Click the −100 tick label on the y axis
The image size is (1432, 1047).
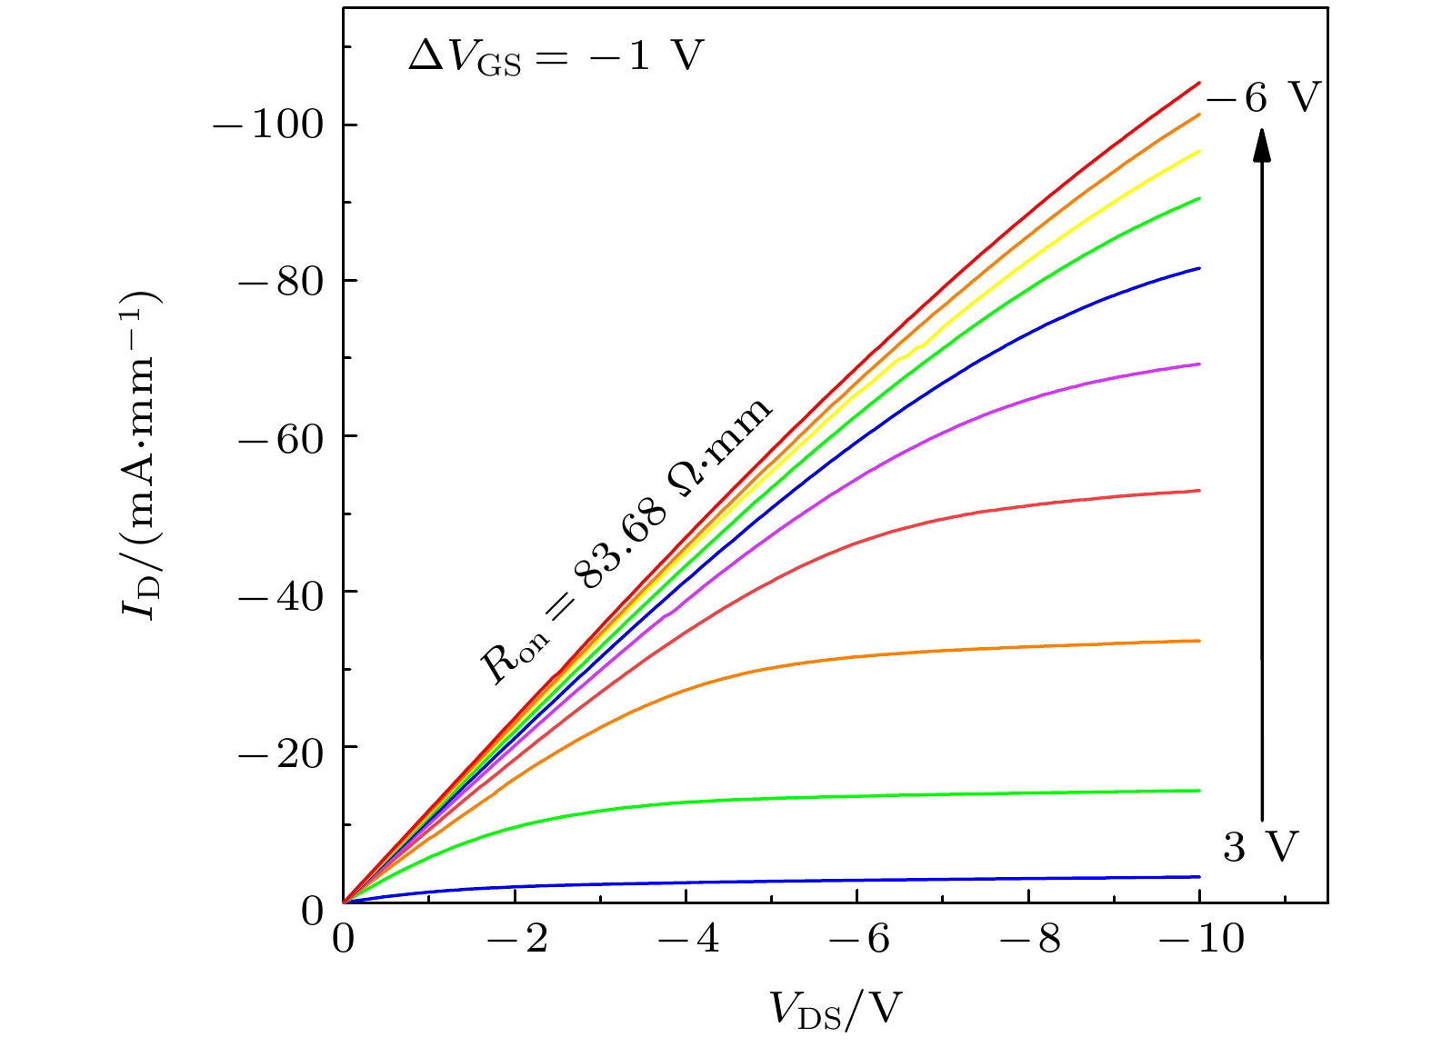(x=268, y=125)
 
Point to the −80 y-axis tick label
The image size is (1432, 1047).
(x=281, y=281)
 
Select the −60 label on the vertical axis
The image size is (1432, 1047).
(x=281, y=436)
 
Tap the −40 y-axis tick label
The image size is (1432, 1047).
(x=281, y=593)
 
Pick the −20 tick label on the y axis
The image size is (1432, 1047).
(x=281, y=748)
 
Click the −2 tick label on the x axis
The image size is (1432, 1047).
(x=517, y=939)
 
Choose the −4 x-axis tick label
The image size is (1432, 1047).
(x=688, y=939)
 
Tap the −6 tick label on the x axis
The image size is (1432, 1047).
(x=859, y=939)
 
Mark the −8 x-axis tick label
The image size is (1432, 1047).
(x=1030, y=939)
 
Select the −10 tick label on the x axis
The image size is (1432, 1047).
(x=1201, y=939)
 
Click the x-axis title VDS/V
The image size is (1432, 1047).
(x=836, y=1008)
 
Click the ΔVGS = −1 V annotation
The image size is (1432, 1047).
(x=556, y=57)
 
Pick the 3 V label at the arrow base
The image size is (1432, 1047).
(x=1261, y=847)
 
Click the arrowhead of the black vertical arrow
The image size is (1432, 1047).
(x=1262, y=145)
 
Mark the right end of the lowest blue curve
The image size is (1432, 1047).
(x=1199, y=877)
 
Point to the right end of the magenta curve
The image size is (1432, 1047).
(x=1199, y=364)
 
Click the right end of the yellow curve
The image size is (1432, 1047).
(x=1199, y=152)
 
